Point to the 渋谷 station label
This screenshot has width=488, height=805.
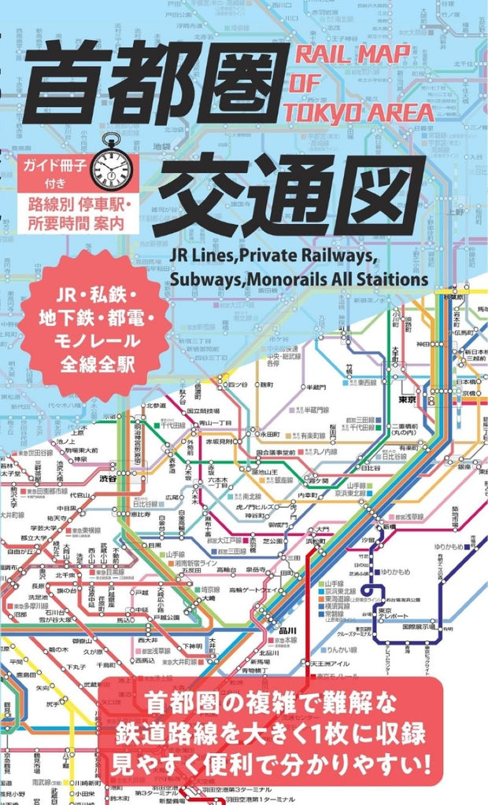pyautogui.click(x=107, y=478)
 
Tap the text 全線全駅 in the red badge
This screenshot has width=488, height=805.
pyautogui.click(x=93, y=364)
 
